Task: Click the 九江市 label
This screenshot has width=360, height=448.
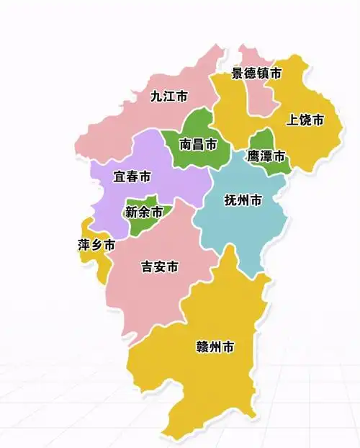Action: pos(169,96)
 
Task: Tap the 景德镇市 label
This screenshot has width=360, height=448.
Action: pos(256,73)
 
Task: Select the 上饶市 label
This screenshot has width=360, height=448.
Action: pos(305,120)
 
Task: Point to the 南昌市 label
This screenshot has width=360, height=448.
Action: pos(198,144)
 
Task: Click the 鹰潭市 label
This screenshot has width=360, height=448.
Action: pos(266,156)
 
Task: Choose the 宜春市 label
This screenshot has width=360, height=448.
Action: pos(132,176)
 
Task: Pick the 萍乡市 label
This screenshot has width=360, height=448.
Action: pos(96,245)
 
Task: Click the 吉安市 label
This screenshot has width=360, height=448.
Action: pos(159,266)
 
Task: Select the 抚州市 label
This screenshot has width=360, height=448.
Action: pos(243,200)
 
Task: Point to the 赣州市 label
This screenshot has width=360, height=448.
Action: pos(215,347)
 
